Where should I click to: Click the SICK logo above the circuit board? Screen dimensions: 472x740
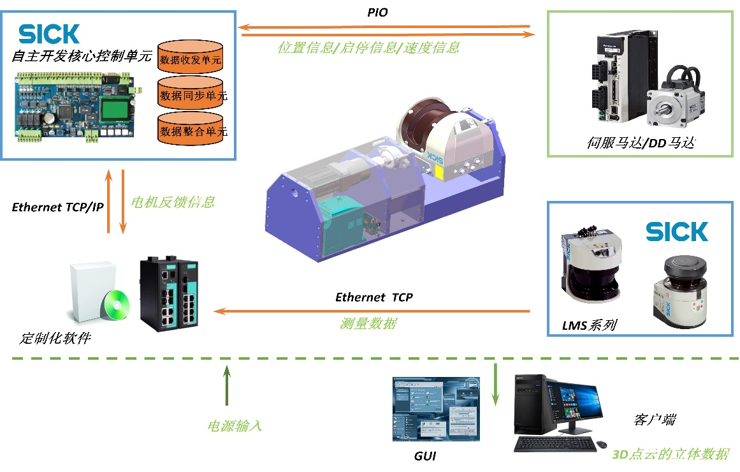pos(49,34)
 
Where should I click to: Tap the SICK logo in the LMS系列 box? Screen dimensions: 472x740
pos(676,232)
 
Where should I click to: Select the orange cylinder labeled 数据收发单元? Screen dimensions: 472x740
pos(190,59)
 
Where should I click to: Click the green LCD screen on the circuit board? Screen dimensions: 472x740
pos(113,108)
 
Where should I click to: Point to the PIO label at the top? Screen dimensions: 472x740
pos(377,12)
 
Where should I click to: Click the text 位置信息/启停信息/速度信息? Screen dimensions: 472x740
pos(368,47)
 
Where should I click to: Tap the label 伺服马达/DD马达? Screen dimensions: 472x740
pos(639,144)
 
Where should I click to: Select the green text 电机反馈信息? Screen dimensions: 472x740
pos(173,202)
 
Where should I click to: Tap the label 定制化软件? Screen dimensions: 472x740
pos(55,338)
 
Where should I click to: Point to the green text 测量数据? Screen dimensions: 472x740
pos(368,323)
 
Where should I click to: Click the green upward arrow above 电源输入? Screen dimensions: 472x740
pos(226,386)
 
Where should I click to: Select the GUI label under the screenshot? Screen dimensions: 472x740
pos(425,457)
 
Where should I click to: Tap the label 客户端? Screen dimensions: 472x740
pos(655,420)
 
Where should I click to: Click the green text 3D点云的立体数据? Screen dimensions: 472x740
pos(670,454)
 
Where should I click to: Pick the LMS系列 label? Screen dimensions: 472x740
pos(589,325)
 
